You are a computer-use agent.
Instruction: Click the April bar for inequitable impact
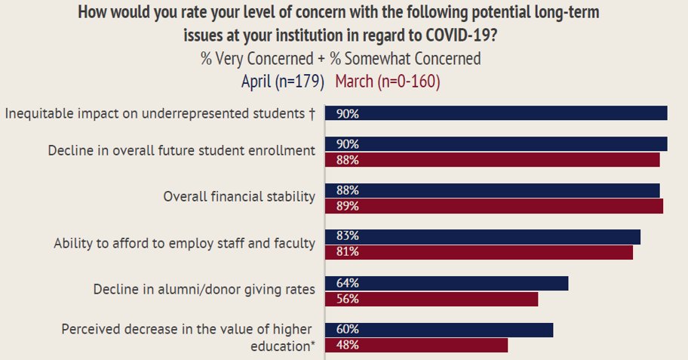click(x=496, y=113)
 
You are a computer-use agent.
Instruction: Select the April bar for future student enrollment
click(x=496, y=143)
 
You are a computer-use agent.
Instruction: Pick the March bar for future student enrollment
click(x=492, y=159)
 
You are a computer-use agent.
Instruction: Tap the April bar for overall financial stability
click(x=492, y=190)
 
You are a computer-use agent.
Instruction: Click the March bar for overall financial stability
click(x=493, y=206)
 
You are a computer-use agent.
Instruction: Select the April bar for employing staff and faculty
click(x=482, y=237)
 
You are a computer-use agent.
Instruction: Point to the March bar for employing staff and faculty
click(x=478, y=252)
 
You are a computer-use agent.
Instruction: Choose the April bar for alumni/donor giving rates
click(x=446, y=283)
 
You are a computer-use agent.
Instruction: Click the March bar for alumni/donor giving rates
click(x=431, y=299)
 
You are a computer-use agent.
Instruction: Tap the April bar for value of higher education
click(x=438, y=330)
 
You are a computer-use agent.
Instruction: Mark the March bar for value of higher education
click(x=416, y=345)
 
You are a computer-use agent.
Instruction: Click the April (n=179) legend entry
click(x=282, y=81)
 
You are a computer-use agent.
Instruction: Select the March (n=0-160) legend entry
click(x=387, y=81)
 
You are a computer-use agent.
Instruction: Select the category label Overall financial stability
click(x=239, y=197)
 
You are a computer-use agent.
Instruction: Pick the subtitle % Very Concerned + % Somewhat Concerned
click(x=340, y=58)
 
